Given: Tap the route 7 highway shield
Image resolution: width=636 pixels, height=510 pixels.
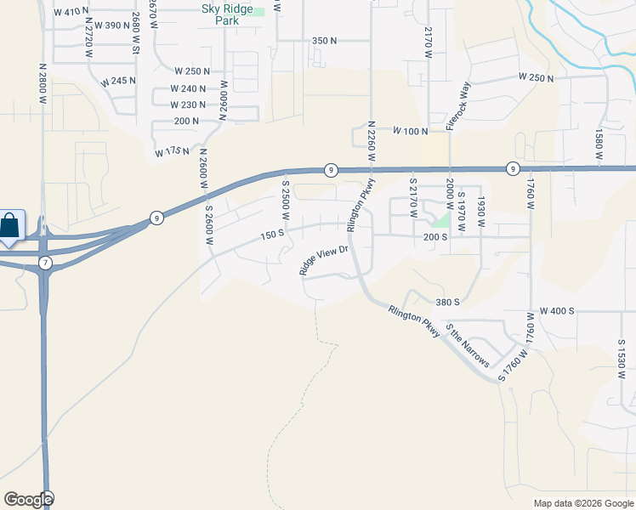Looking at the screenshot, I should [45, 263].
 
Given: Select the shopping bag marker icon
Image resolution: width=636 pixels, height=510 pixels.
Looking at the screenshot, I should [9, 226].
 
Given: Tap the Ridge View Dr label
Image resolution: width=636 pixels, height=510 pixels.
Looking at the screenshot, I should [325, 260].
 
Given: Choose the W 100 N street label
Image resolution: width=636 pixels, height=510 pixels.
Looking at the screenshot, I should [410, 131].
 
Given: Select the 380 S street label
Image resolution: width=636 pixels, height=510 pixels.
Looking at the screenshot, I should [447, 302].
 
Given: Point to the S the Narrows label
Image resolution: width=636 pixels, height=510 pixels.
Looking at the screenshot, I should [468, 348].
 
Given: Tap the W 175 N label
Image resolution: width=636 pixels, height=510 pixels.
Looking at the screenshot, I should [172, 152].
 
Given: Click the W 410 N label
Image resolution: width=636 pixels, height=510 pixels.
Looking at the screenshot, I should [71, 12].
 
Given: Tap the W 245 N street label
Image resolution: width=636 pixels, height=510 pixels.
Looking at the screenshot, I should [117, 82].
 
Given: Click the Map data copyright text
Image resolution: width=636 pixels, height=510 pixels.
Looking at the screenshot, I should [582, 503].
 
